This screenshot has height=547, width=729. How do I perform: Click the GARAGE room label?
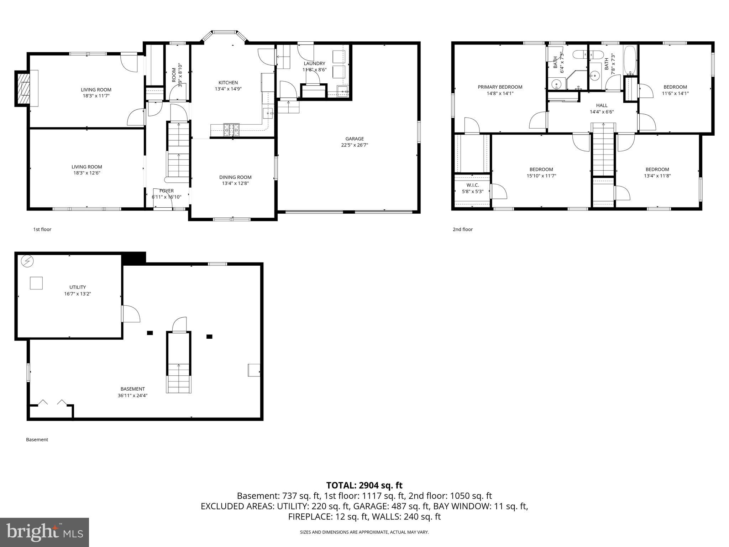click(x=354, y=139)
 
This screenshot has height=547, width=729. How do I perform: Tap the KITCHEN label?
click(x=228, y=83)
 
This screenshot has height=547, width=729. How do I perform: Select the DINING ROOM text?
click(x=235, y=177)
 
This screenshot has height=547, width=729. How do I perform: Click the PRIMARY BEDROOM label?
click(x=500, y=87)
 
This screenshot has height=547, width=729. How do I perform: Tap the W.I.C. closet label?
click(x=472, y=185)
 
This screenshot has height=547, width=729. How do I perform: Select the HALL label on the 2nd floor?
click(x=602, y=105)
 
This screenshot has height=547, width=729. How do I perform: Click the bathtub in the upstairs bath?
click(x=630, y=61)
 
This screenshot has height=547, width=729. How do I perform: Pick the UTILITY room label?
click(x=78, y=287)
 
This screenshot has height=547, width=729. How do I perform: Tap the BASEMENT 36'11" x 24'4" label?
click(x=132, y=392)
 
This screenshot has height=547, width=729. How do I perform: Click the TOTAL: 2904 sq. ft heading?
click(x=364, y=485)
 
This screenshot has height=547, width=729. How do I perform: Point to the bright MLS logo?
click(x=44, y=532)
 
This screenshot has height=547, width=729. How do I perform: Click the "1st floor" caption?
click(x=42, y=229)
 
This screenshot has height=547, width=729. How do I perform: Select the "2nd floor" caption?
click(x=462, y=229)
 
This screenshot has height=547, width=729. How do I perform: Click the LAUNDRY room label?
click(x=314, y=63)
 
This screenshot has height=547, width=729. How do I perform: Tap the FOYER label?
click(x=166, y=191)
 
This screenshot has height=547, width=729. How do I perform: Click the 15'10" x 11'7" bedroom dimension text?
click(x=541, y=176)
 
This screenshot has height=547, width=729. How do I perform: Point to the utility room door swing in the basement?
click(x=131, y=314)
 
